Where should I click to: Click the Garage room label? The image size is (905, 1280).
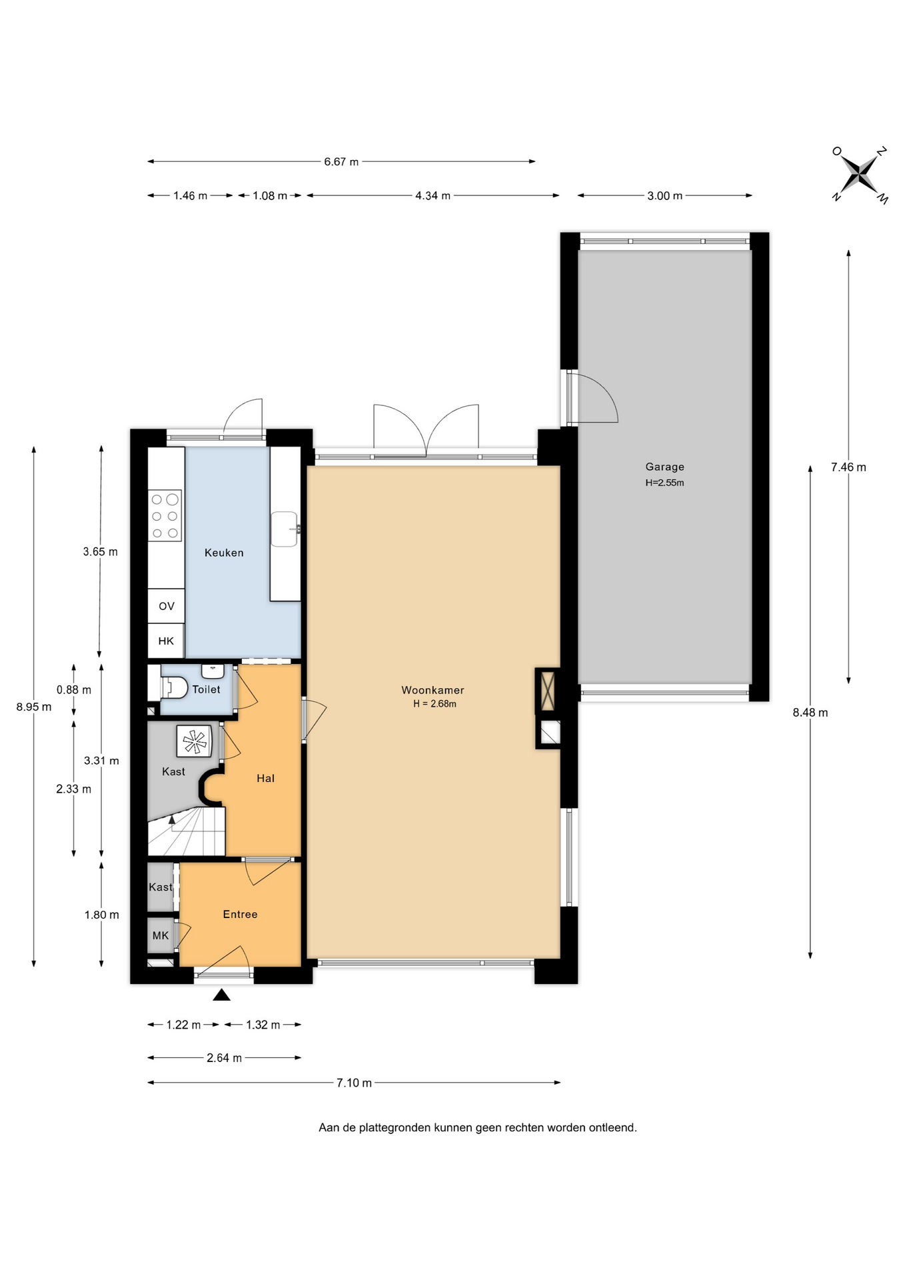[x=664, y=467]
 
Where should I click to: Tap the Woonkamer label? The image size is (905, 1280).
[x=433, y=690]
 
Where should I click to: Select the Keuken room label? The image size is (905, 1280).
[x=224, y=553]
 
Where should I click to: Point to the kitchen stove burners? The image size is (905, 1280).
[x=165, y=515]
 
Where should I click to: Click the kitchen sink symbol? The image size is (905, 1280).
[x=285, y=529]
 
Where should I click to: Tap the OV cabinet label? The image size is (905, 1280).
[x=167, y=606]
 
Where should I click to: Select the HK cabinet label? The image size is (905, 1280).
[x=166, y=641]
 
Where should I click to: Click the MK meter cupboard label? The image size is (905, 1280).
[x=161, y=935]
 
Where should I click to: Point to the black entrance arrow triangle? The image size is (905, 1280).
[x=221, y=995]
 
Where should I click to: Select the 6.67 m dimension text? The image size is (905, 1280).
[x=341, y=161]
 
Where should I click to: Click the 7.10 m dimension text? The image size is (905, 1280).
[x=354, y=1083]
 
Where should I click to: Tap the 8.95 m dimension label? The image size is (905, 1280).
[x=34, y=707]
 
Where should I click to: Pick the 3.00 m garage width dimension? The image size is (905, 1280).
[x=664, y=195]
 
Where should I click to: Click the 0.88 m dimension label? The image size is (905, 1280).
[x=74, y=690]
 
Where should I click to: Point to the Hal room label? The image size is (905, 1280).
[x=265, y=778]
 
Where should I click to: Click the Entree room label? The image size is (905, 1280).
[x=240, y=914]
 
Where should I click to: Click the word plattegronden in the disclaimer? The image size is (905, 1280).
[x=395, y=1127]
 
